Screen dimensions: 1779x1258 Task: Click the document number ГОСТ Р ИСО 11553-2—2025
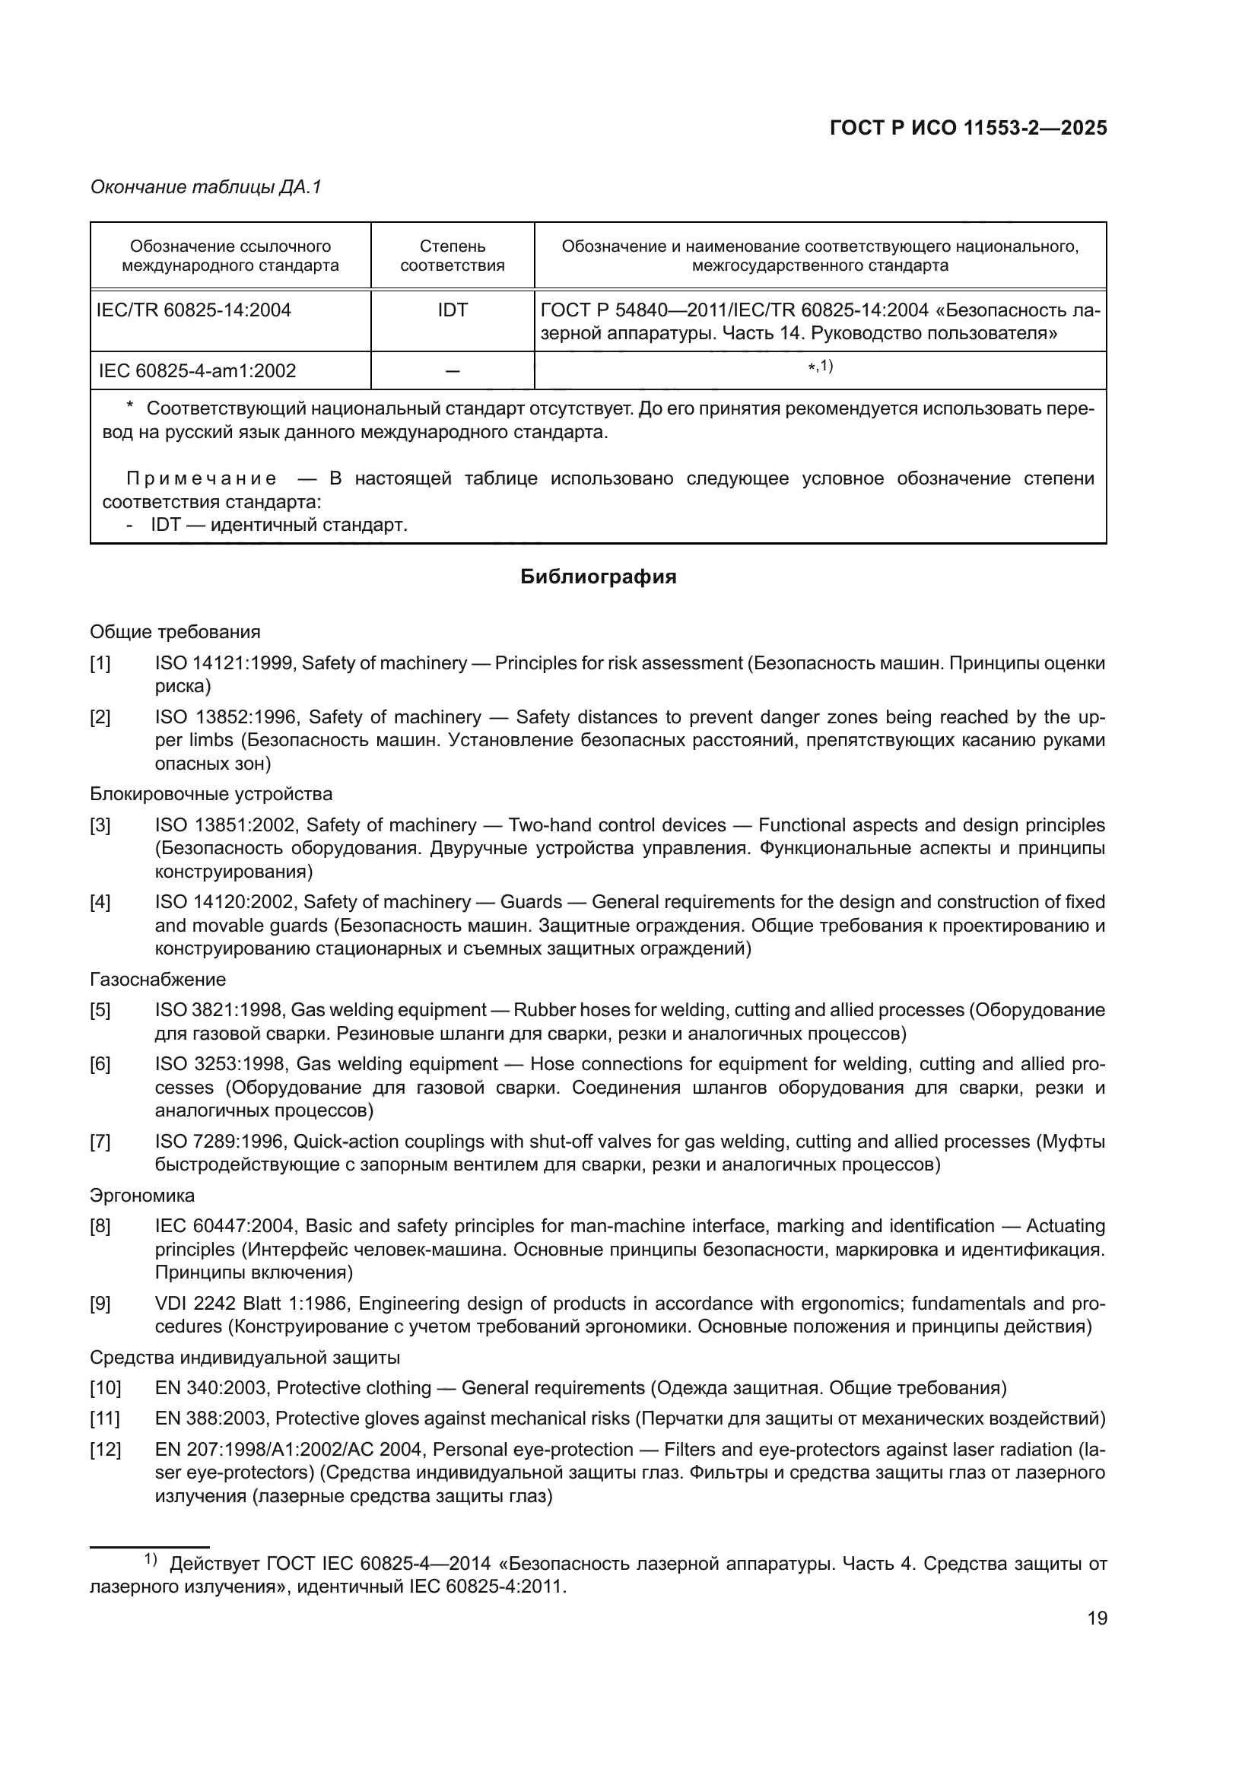[967, 129]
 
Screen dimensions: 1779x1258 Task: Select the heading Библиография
[598, 577]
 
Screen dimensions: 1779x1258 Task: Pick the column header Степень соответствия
[453, 256]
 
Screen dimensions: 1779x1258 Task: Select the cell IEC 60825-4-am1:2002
[198, 370]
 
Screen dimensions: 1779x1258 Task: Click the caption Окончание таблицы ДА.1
[205, 187]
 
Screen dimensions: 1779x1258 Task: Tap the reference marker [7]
[100, 1142]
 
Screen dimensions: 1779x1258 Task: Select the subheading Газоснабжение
[158, 980]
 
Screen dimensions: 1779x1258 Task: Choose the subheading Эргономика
[142, 1196]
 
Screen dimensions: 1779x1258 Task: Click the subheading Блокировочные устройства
[211, 794]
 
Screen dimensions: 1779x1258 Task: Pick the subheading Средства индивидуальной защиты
[245, 1358]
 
